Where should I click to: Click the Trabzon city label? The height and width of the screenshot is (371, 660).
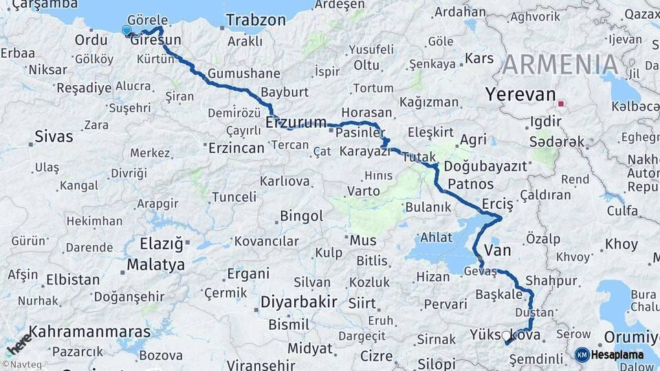coord(256,20)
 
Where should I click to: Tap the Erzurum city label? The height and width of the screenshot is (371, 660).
coord(296,122)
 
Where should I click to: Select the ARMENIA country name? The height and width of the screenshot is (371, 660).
coord(560,65)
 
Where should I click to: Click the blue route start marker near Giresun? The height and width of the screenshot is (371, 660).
coord(126,30)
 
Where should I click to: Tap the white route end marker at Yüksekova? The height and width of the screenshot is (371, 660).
coord(507,336)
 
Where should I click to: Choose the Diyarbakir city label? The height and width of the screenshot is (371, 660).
coord(298,302)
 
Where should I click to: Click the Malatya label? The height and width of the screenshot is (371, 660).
coord(156,265)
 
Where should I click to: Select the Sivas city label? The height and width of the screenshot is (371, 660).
coord(53,136)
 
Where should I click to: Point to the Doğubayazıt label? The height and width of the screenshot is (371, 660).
coord(485,166)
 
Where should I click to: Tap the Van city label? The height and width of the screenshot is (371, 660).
coord(498,250)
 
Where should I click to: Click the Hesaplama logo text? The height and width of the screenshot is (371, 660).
coord(617,355)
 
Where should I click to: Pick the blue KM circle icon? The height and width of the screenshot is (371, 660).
coord(582,355)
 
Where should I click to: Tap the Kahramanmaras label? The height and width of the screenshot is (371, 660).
coord(89,331)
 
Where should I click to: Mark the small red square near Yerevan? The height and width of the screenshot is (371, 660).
coord(562,104)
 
